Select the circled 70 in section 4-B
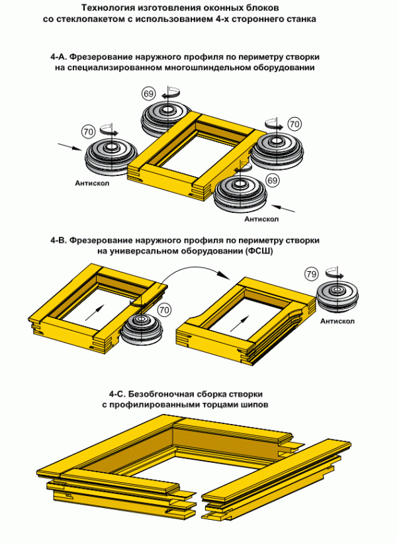coord(164,309)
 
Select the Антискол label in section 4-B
coord(339,322)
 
